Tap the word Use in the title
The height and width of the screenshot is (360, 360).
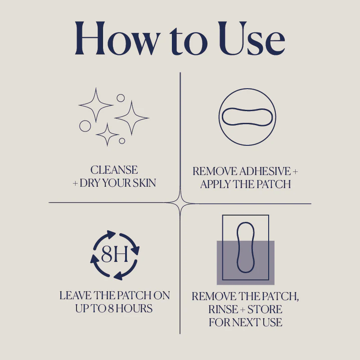click(x=252, y=38)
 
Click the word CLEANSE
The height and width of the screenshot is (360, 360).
click(x=114, y=170)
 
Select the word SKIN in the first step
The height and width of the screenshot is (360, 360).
click(x=144, y=183)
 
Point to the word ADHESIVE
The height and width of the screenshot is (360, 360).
click(x=265, y=171)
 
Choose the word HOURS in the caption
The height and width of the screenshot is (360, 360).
click(x=134, y=308)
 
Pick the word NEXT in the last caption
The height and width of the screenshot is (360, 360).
click(x=247, y=322)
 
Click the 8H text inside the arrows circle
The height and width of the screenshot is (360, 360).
click(x=115, y=254)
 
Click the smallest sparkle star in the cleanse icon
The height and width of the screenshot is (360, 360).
click(x=107, y=134)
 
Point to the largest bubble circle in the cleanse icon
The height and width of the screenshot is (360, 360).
click(x=85, y=126)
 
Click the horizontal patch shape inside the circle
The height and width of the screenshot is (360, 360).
click(x=247, y=108)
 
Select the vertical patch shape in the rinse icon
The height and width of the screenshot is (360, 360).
click(x=238, y=247)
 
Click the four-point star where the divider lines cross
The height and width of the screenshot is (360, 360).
click(x=180, y=203)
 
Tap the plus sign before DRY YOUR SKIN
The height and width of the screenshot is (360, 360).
click(x=75, y=184)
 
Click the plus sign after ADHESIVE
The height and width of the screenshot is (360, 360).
click(x=295, y=171)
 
